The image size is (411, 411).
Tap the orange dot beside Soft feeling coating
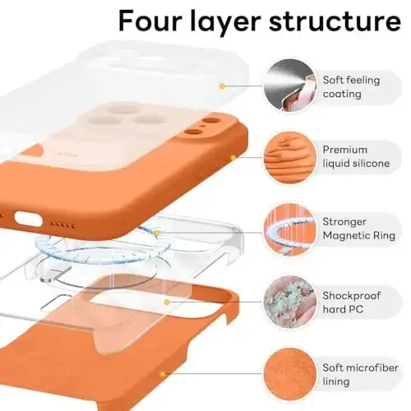(x=222, y=85)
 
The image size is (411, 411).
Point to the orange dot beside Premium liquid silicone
(x=233, y=156)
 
